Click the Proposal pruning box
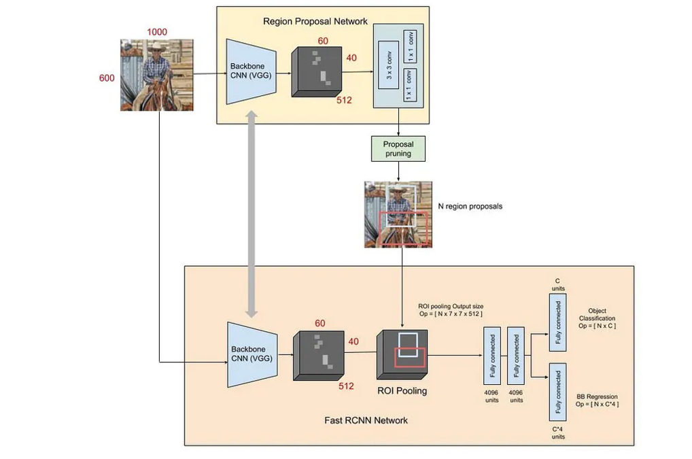(398, 149)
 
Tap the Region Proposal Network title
(315, 22)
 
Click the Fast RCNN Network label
(366, 420)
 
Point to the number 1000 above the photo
(157, 32)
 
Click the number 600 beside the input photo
(107, 78)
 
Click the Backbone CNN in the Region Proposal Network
(249, 71)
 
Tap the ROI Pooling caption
(402, 391)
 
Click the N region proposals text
(470, 206)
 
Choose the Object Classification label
(597, 318)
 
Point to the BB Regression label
(597, 400)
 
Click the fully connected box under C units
(557, 323)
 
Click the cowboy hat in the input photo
(158, 47)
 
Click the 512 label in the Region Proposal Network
(345, 101)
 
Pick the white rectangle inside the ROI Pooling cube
(409, 343)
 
